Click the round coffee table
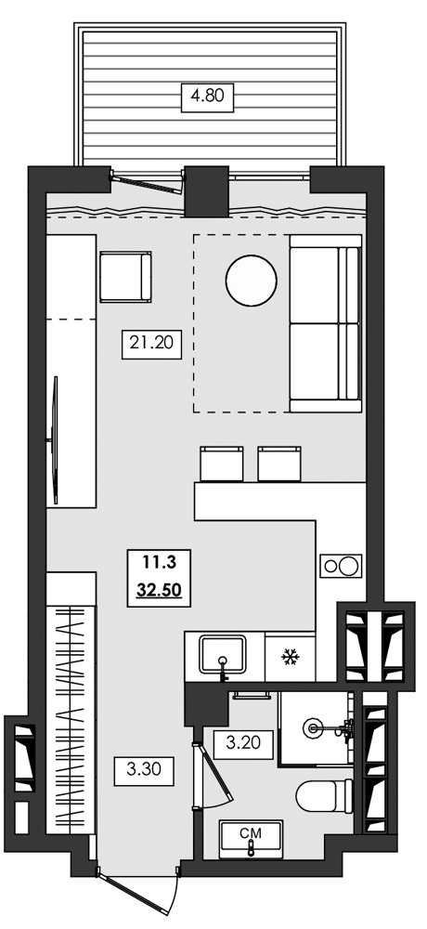tap(251, 280)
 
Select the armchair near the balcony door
tap(124, 278)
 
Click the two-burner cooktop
tap(340, 565)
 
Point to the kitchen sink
tap(223, 656)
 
